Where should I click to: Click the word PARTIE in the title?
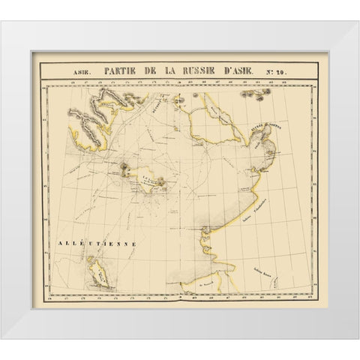124,73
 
